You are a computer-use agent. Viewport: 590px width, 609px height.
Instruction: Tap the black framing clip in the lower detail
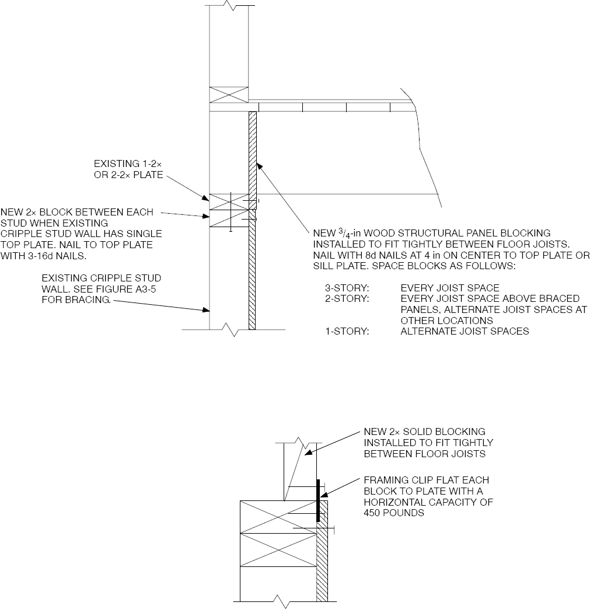pyautogui.click(x=318, y=500)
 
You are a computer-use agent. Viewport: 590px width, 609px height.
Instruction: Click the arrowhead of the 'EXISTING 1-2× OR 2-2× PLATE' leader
pyautogui.click(x=206, y=199)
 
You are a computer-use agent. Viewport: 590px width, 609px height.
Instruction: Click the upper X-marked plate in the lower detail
pyautogui.click(x=278, y=516)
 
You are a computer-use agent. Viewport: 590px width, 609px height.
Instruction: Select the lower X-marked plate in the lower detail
pyautogui.click(x=278, y=549)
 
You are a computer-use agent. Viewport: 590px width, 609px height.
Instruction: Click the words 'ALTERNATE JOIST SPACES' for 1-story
pyautogui.click(x=465, y=332)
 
